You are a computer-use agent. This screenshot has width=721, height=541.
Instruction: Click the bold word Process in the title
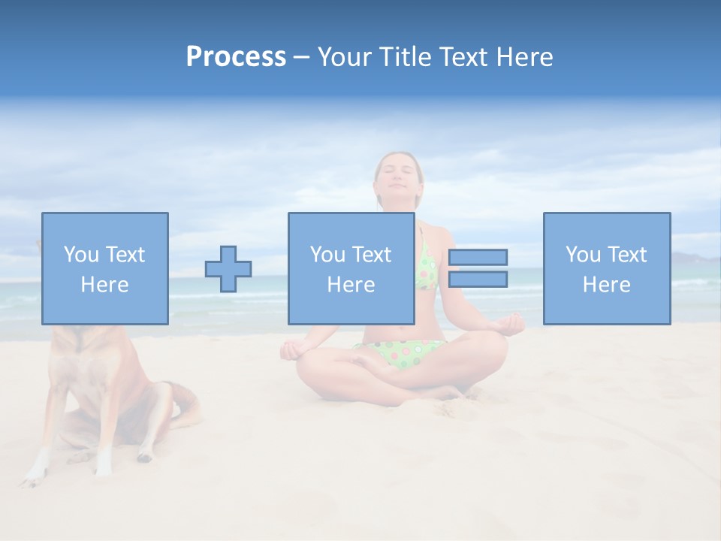coord(236,57)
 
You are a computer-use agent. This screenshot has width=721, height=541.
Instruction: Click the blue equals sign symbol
coord(478,268)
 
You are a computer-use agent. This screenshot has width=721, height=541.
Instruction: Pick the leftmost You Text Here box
coord(105,268)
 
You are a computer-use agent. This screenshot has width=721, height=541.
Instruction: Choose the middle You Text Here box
coord(351,268)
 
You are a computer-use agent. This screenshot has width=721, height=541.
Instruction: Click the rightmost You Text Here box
coord(606,268)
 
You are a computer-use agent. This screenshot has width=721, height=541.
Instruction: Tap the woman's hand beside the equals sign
coord(511,325)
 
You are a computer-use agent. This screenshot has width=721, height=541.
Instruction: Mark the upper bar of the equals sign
coord(478,258)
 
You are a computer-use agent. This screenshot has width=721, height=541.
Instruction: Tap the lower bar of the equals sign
coord(478,280)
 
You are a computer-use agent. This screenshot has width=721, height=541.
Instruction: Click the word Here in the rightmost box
coord(606,285)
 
